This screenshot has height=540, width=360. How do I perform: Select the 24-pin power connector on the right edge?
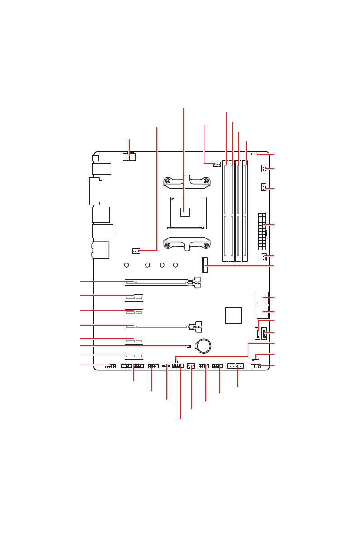(x=262, y=231)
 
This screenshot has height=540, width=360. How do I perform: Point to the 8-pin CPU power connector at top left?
(x=129, y=156)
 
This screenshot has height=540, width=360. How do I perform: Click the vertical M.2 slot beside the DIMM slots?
(x=204, y=265)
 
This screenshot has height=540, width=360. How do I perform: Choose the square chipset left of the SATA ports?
(x=234, y=315)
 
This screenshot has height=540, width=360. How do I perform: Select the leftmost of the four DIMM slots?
(x=225, y=210)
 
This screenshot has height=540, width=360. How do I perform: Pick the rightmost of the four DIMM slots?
(x=245, y=210)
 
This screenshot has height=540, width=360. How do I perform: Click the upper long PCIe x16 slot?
(x=156, y=282)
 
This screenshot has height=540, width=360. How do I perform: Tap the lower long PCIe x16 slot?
(x=156, y=326)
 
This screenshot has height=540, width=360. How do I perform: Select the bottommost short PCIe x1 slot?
(x=134, y=356)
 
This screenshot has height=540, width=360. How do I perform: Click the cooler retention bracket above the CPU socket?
(x=187, y=181)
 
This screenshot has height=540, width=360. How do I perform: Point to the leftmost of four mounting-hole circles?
(x=127, y=265)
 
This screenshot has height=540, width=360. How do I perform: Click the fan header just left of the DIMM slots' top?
(x=217, y=164)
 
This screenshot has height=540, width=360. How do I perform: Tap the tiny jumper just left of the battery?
(x=189, y=346)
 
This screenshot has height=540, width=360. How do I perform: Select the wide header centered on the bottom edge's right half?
(x=236, y=365)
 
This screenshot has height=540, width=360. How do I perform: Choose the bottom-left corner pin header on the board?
(x=110, y=366)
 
